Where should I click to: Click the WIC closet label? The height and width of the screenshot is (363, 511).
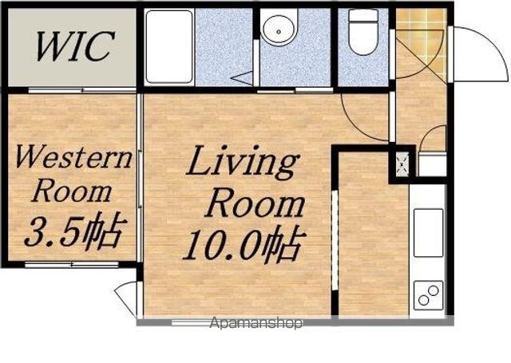75,46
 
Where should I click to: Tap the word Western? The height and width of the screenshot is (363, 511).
73,158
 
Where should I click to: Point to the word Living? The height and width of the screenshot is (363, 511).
243,162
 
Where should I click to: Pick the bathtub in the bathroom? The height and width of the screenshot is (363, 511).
169,46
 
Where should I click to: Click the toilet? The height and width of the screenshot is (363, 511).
363,32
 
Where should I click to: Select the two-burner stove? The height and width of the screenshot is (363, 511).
429,296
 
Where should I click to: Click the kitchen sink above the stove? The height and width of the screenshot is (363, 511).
429,233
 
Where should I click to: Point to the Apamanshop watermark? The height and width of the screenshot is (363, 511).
256,323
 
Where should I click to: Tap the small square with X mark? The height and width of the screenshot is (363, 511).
403,164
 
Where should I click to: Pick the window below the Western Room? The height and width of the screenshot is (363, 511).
72,265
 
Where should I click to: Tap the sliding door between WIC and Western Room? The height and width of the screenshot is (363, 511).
82,90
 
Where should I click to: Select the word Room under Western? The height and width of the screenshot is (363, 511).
72,191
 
